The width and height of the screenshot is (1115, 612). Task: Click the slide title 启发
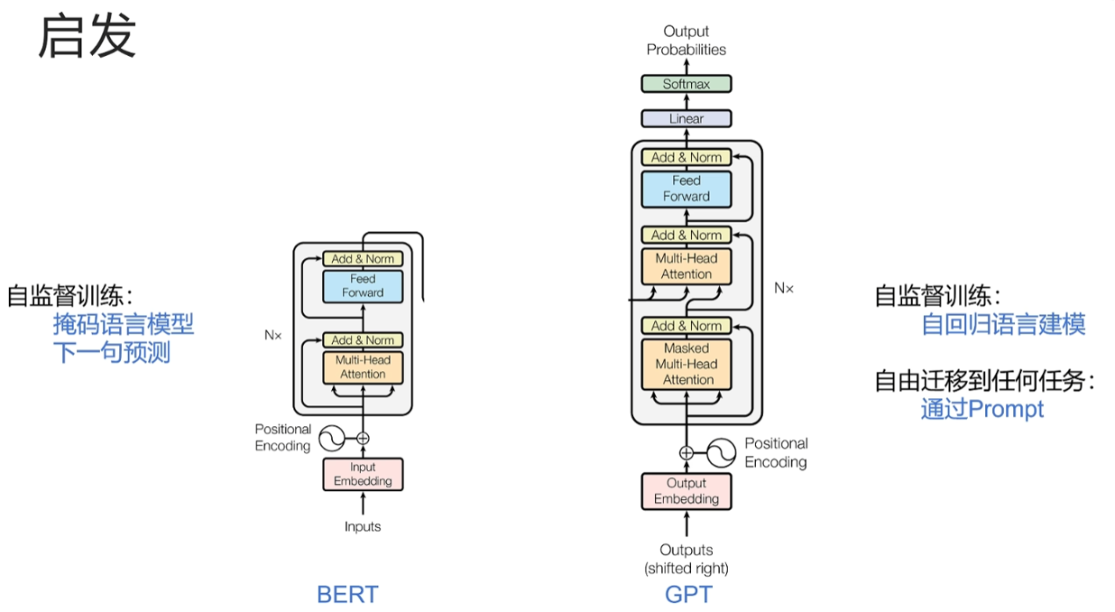point(87,36)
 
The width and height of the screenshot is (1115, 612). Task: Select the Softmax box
point(686,84)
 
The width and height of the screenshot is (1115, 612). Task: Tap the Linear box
point(686,118)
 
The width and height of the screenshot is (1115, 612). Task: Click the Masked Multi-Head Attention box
point(686,364)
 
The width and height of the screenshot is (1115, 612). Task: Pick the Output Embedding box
point(686,491)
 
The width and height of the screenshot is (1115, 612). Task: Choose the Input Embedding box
point(363,474)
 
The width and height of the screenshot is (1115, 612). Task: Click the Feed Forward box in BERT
point(363,286)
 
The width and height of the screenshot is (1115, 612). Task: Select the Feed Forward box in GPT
point(686,189)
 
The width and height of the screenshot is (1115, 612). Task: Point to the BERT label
point(347,594)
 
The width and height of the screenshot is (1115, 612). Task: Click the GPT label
point(688,594)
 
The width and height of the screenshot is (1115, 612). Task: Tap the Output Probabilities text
point(686,41)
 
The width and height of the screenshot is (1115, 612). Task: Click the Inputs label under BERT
point(363,526)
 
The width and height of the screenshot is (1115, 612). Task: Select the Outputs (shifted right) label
point(686,559)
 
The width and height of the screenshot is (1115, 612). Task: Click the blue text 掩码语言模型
point(124,324)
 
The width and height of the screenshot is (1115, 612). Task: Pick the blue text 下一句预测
point(112,352)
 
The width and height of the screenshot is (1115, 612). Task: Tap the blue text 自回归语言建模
point(1003,324)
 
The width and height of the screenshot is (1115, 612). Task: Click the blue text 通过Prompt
point(982,409)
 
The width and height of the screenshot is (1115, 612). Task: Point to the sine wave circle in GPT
point(722,452)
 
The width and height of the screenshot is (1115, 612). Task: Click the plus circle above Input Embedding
point(363,438)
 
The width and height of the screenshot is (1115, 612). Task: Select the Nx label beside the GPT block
point(784,288)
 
